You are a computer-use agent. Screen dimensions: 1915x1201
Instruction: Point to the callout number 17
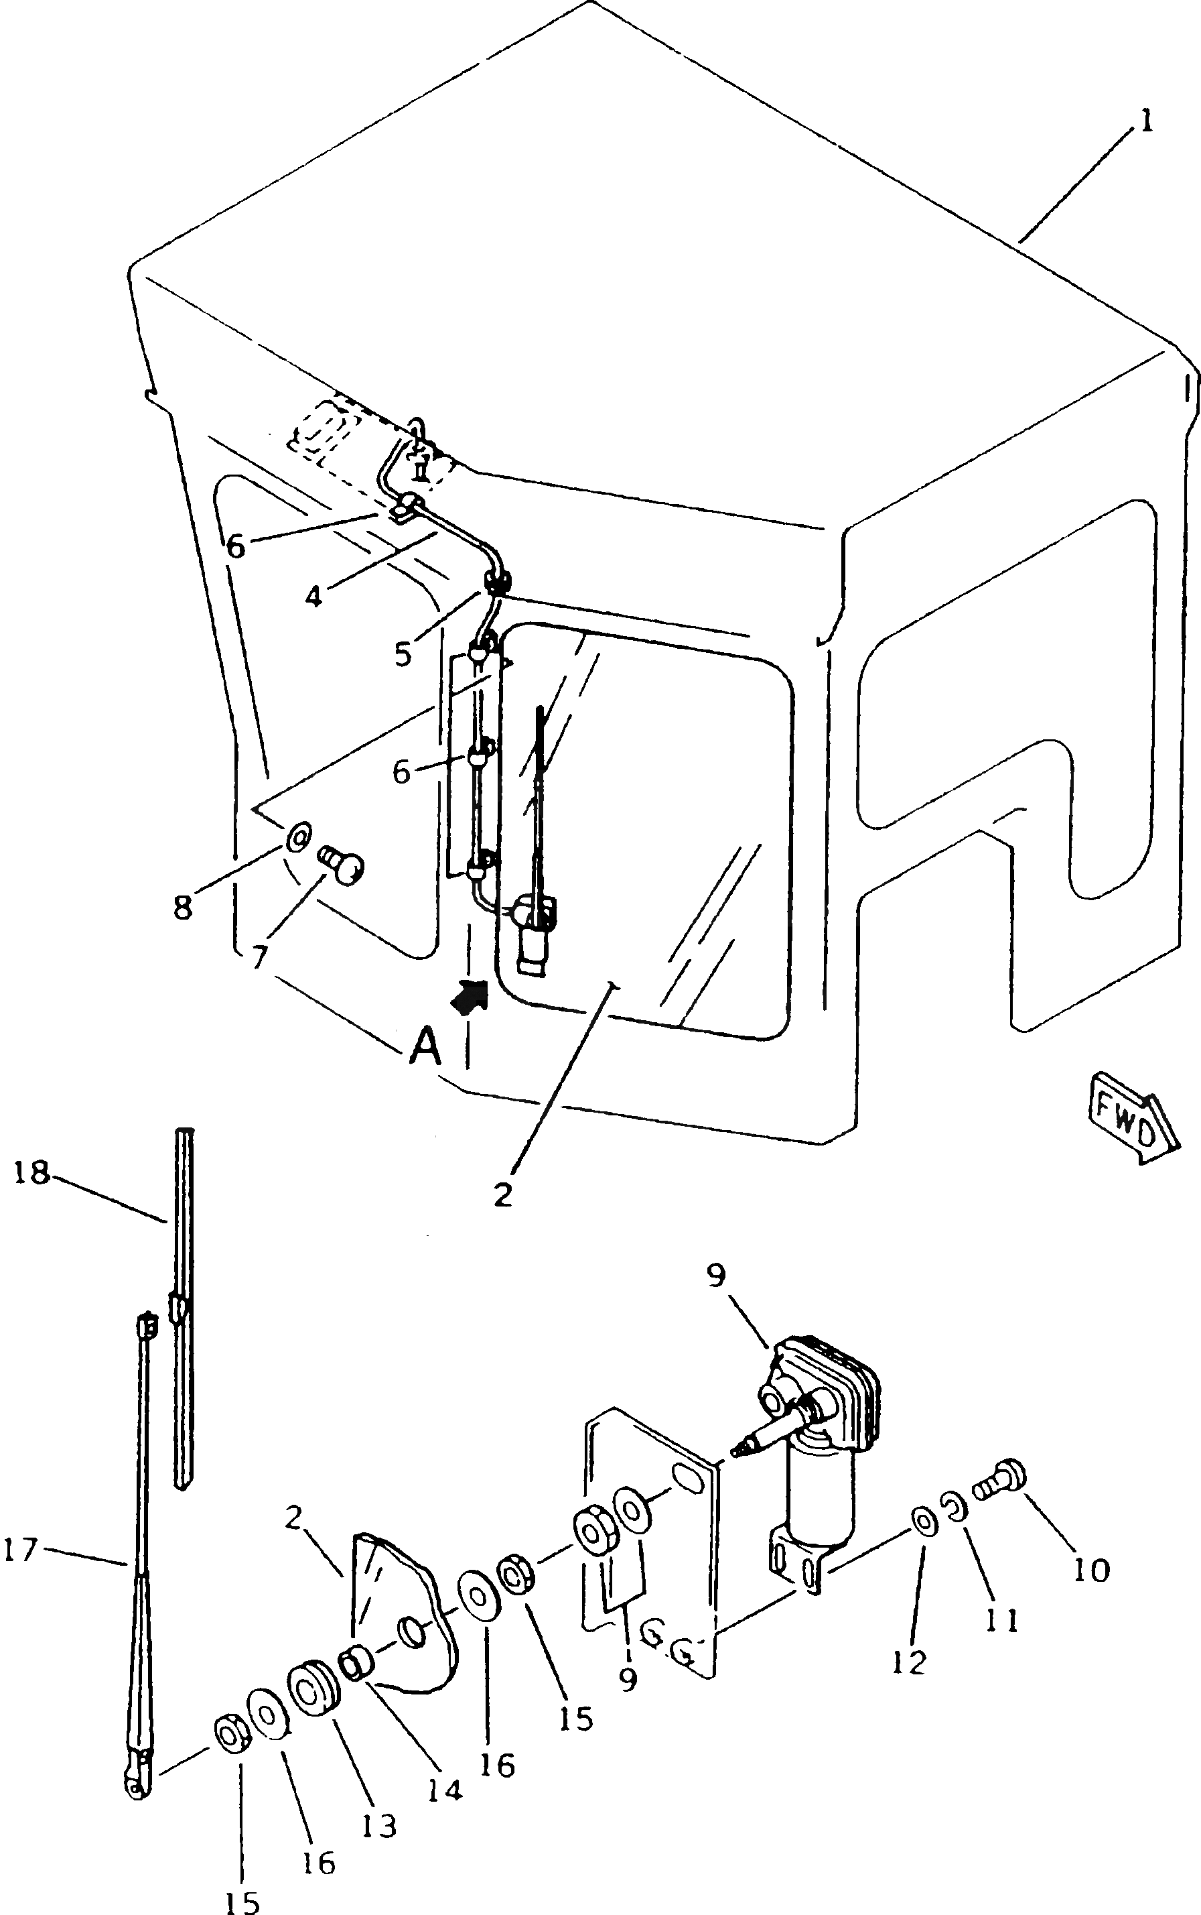(x=21, y=1550)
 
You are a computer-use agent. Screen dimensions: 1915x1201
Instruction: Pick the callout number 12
(x=909, y=1662)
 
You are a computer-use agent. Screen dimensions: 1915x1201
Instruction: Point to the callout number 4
(x=315, y=596)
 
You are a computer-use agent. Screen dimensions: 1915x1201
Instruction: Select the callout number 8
(x=183, y=907)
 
